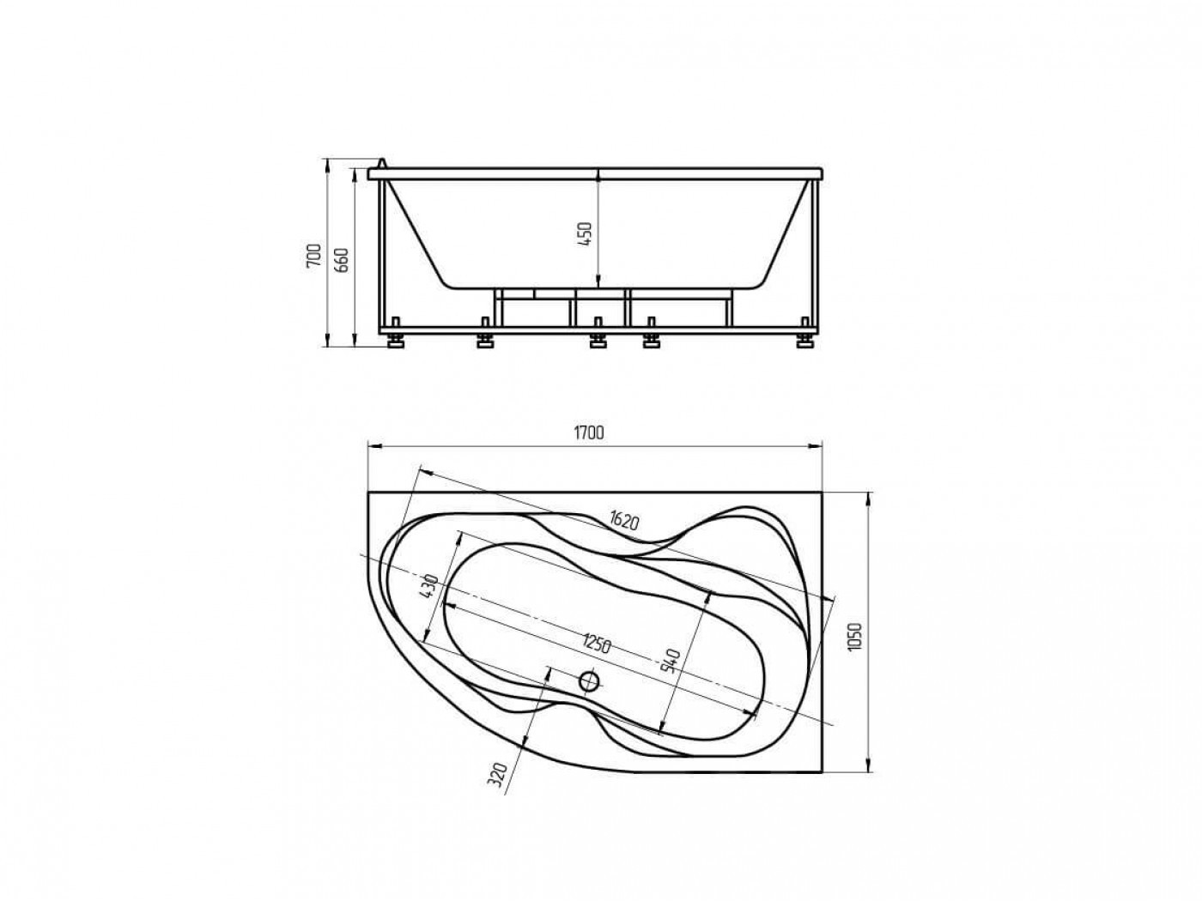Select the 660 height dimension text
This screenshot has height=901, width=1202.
click(x=340, y=257)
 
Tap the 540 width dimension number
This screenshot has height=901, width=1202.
click(x=672, y=660)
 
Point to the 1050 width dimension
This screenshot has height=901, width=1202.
click(x=854, y=636)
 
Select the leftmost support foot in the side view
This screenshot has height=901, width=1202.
click(x=397, y=341)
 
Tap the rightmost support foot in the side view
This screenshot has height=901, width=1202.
click(x=804, y=341)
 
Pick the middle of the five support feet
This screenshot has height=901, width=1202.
click(x=597, y=341)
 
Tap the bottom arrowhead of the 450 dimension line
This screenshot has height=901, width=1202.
click(x=598, y=281)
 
